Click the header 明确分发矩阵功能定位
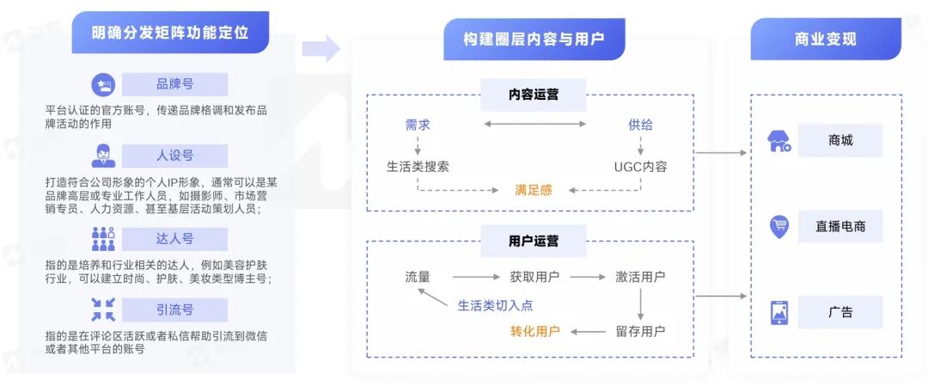click(x=170, y=33)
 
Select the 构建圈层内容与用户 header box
click(x=534, y=39)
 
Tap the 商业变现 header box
click(x=825, y=39)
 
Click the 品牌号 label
click(x=174, y=84)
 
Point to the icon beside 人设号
click(x=103, y=156)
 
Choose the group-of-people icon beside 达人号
click(x=103, y=238)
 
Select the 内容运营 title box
click(x=533, y=94)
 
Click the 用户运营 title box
click(x=533, y=241)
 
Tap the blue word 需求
click(x=418, y=125)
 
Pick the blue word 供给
click(x=640, y=125)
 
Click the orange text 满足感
click(x=534, y=189)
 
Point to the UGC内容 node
click(x=640, y=166)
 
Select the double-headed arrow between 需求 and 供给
click(x=534, y=125)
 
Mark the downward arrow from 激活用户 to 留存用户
click(x=640, y=303)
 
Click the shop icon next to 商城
click(x=779, y=141)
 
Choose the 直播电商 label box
click(x=839, y=227)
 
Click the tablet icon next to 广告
click(x=779, y=312)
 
